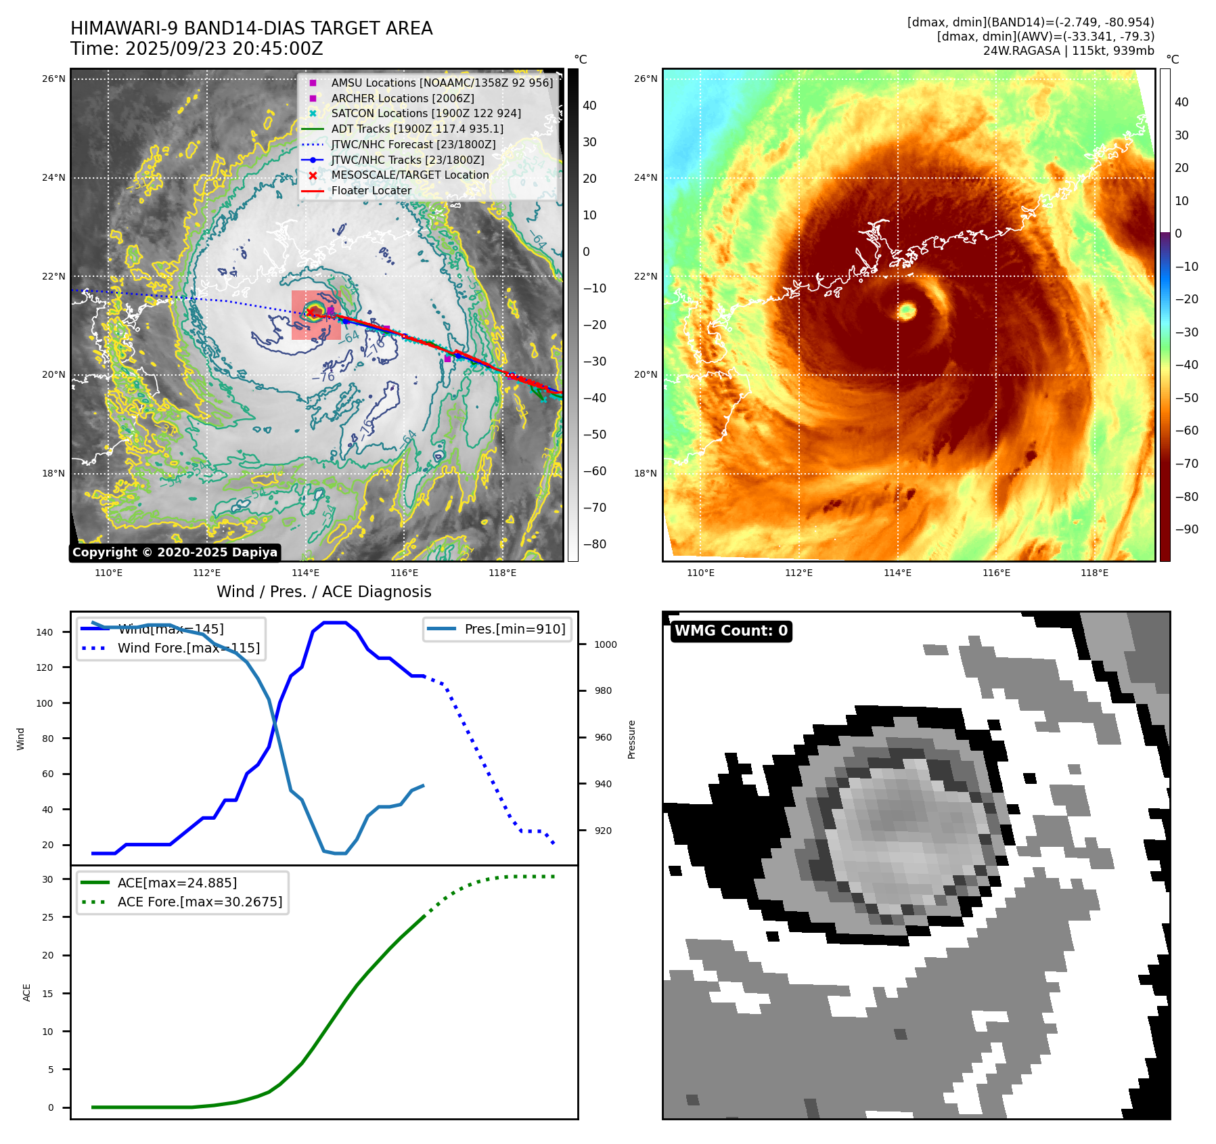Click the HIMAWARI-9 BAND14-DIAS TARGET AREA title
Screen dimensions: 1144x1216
[251, 28]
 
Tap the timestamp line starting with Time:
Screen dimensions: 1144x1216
[196, 49]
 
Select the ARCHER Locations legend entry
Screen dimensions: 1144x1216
[402, 98]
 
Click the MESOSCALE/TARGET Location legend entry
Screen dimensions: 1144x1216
[409, 175]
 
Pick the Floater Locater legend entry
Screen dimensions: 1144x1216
[371, 190]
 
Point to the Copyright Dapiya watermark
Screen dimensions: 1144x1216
[175, 552]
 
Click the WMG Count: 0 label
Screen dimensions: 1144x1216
[731, 631]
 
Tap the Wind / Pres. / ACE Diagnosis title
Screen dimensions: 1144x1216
[323, 592]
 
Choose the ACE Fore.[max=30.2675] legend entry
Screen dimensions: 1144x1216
[200, 902]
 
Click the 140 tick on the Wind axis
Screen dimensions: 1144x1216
[45, 632]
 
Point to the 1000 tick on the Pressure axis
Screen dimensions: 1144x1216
[605, 644]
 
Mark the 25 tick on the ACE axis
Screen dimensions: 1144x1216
[48, 917]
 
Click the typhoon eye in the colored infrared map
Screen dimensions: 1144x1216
[907, 311]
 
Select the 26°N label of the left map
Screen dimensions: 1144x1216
[53, 79]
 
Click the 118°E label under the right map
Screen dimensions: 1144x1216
[1094, 573]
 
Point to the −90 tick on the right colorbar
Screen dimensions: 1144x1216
[1186, 529]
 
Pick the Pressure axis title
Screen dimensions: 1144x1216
[631, 739]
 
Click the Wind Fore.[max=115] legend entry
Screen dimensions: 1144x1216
[188, 648]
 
